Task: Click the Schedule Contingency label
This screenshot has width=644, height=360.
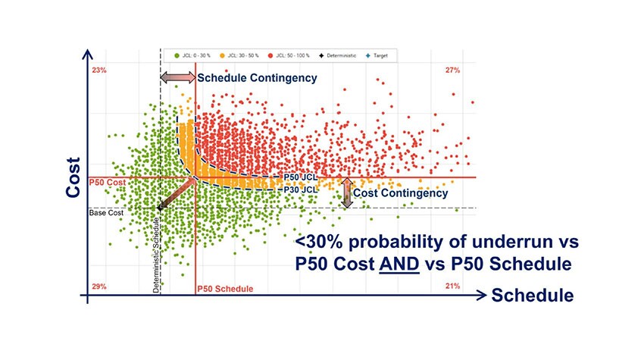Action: click(x=257, y=78)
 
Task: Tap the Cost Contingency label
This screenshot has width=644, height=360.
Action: click(x=401, y=193)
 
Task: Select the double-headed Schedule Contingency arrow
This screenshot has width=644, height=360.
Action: click(x=177, y=78)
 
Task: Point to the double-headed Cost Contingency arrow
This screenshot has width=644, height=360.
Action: click(x=347, y=193)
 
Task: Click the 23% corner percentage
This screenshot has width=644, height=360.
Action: click(x=99, y=70)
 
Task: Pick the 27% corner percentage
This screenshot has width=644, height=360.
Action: click(x=453, y=70)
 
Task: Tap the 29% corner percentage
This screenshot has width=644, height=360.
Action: click(x=99, y=287)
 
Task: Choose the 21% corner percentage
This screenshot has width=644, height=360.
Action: click(x=453, y=287)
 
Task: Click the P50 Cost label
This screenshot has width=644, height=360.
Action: click(x=107, y=182)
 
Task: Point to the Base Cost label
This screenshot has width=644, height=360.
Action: click(x=107, y=212)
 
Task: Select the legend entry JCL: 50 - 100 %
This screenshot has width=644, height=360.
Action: click(x=296, y=55)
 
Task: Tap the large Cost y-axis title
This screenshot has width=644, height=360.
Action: click(x=73, y=177)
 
